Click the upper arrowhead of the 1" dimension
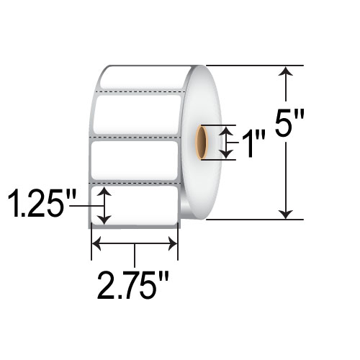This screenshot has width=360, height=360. [x=227, y=130]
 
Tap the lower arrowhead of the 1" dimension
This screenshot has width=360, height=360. [x=227, y=153]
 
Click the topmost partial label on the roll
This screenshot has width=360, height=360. [x=144, y=79]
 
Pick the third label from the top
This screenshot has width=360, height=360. [x=135, y=158]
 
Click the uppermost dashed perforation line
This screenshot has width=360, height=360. [x=140, y=92]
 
